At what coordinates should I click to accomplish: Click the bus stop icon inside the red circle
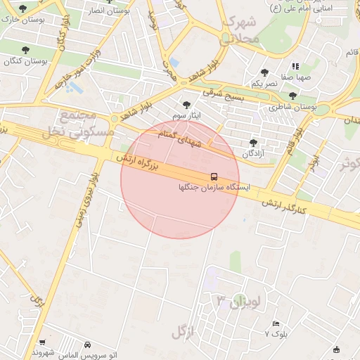(214, 176)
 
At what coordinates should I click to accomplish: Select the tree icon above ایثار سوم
(186, 104)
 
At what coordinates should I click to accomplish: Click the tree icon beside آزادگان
(253, 143)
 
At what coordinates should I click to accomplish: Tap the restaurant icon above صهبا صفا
(295, 66)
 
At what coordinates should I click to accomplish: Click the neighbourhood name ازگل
(181, 329)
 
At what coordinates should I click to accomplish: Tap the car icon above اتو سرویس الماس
(86, 345)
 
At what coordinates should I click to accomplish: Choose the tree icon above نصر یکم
(264, 72)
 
